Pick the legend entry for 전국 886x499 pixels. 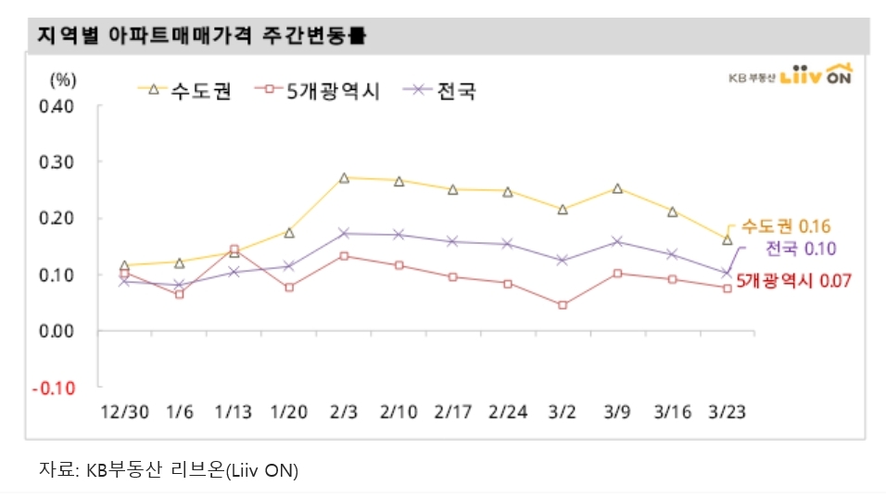tap(442, 90)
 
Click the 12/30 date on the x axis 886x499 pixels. tap(124, 410)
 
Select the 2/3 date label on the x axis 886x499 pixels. tap(344, 410)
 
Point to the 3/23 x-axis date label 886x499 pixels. tap(727, 410)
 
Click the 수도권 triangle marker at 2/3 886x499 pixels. tap(344, 177)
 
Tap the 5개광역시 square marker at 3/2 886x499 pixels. tap(563, 304)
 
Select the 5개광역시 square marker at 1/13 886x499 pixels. tap(234, 249)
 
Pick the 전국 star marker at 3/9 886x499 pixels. tap(617, 241)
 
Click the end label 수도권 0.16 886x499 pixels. tap(784, 226)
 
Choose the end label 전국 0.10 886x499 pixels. tap(801, 249)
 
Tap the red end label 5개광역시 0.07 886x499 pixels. tap(792, 279)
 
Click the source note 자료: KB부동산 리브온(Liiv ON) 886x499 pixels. tap(168, 470)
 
